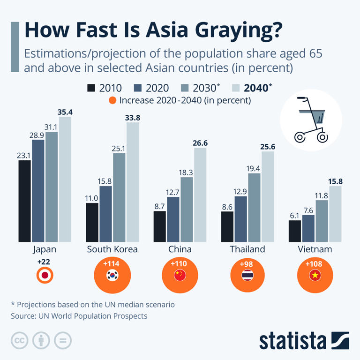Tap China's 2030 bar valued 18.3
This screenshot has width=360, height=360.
pos(187,210)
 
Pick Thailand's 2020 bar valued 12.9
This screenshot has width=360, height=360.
pos(241,219)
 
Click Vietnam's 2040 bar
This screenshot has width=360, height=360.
pos(335,214)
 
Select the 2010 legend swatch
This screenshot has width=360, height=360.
pos(91,88)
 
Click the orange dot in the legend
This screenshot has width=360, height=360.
pos(112,100)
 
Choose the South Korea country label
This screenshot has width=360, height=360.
pos(112,249)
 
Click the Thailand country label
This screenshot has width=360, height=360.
pos(247,249)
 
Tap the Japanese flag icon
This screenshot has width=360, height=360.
pos(45,276)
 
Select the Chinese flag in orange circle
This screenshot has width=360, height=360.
pos(180,276)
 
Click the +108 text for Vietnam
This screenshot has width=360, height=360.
pos(315,263)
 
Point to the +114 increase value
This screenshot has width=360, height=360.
pos(112,263)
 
